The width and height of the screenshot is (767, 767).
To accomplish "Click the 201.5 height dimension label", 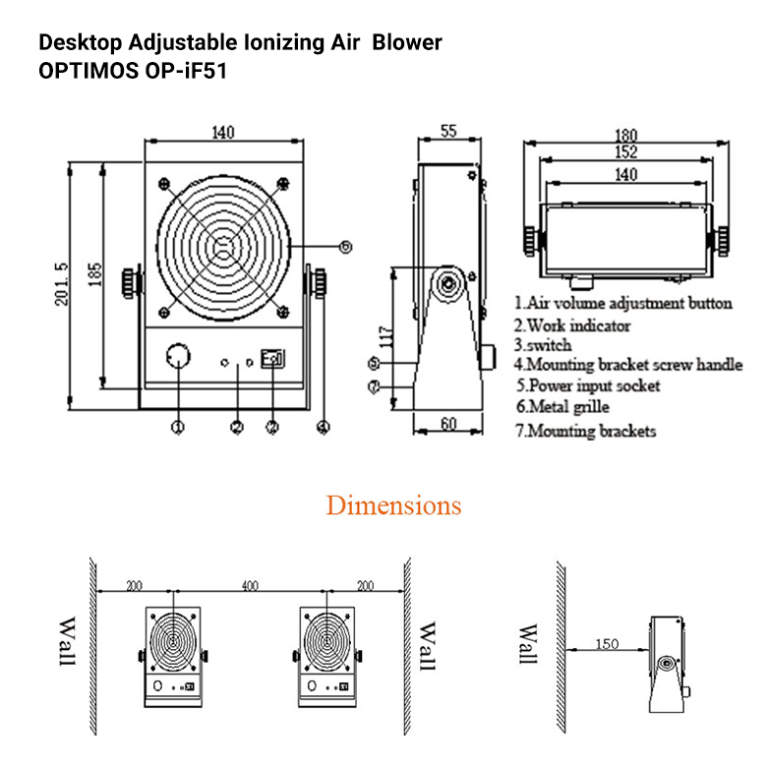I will [61, 285].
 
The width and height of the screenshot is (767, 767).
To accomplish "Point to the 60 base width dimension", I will [448, 424].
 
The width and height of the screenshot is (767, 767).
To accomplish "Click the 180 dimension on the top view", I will [625, 135].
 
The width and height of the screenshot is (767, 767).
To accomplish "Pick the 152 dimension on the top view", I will [625, 152].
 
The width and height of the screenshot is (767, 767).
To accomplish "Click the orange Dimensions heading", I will [393, 505].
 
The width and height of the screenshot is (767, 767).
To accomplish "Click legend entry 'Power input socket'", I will [588, 385].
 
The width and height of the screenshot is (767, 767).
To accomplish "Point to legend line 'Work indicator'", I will [572, 324].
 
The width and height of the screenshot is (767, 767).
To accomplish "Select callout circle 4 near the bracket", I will [324, 427].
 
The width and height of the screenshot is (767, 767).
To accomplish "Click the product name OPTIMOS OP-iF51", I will [134, 72].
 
